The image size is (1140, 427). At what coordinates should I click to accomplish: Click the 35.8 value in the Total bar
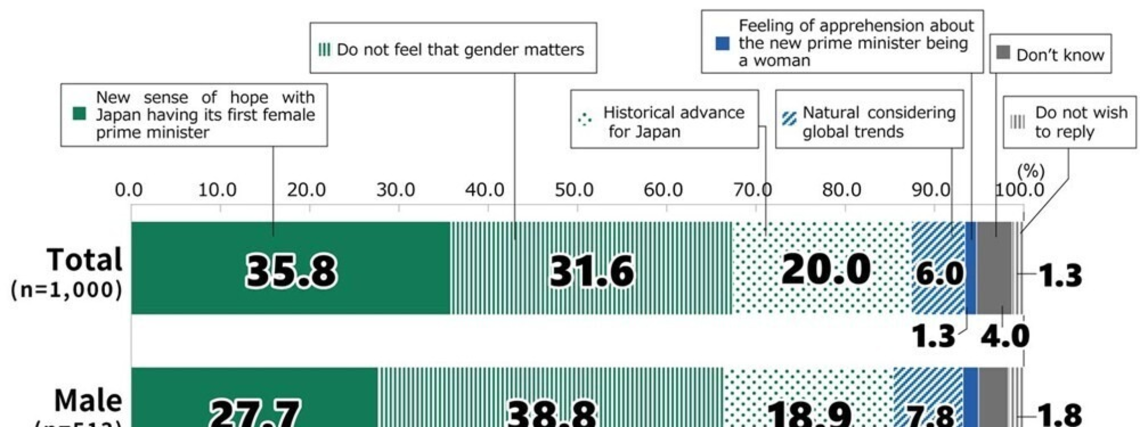291,272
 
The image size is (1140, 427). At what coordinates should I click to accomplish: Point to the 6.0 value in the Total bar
939,274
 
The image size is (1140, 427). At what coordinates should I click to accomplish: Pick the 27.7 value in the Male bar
255,414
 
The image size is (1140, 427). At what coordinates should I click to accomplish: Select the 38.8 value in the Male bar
552,414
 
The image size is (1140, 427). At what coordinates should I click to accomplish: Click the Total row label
84,260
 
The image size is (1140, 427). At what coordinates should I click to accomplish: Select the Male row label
88,401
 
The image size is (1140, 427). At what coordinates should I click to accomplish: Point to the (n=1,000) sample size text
66,289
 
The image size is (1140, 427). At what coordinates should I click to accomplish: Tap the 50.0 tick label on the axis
574,190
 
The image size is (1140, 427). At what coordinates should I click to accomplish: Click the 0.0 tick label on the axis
129,190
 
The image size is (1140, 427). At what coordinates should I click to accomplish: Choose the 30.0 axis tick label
395,190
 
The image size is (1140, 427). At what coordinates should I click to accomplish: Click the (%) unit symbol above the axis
1030,171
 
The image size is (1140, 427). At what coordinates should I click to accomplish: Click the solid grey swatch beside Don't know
1003,52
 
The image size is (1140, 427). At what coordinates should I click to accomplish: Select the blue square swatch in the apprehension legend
722,43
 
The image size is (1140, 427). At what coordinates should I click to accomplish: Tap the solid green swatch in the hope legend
79,114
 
